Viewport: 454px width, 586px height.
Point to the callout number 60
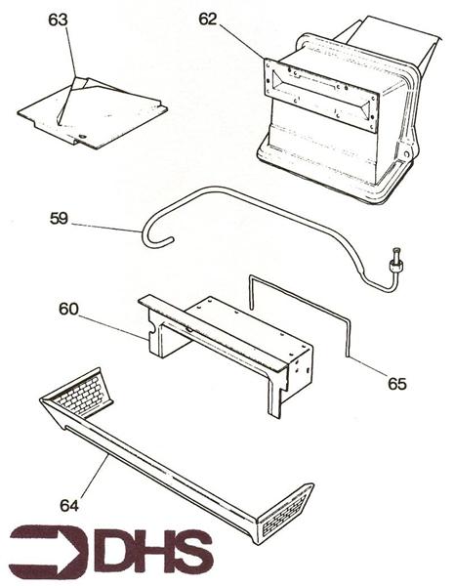click(68, 310)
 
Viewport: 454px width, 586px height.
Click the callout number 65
click(396, 384)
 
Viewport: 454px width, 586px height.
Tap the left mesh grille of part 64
click(83, 393)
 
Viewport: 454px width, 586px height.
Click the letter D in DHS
click(116, 552)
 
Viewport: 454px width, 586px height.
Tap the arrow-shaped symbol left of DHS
click(49, 553)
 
